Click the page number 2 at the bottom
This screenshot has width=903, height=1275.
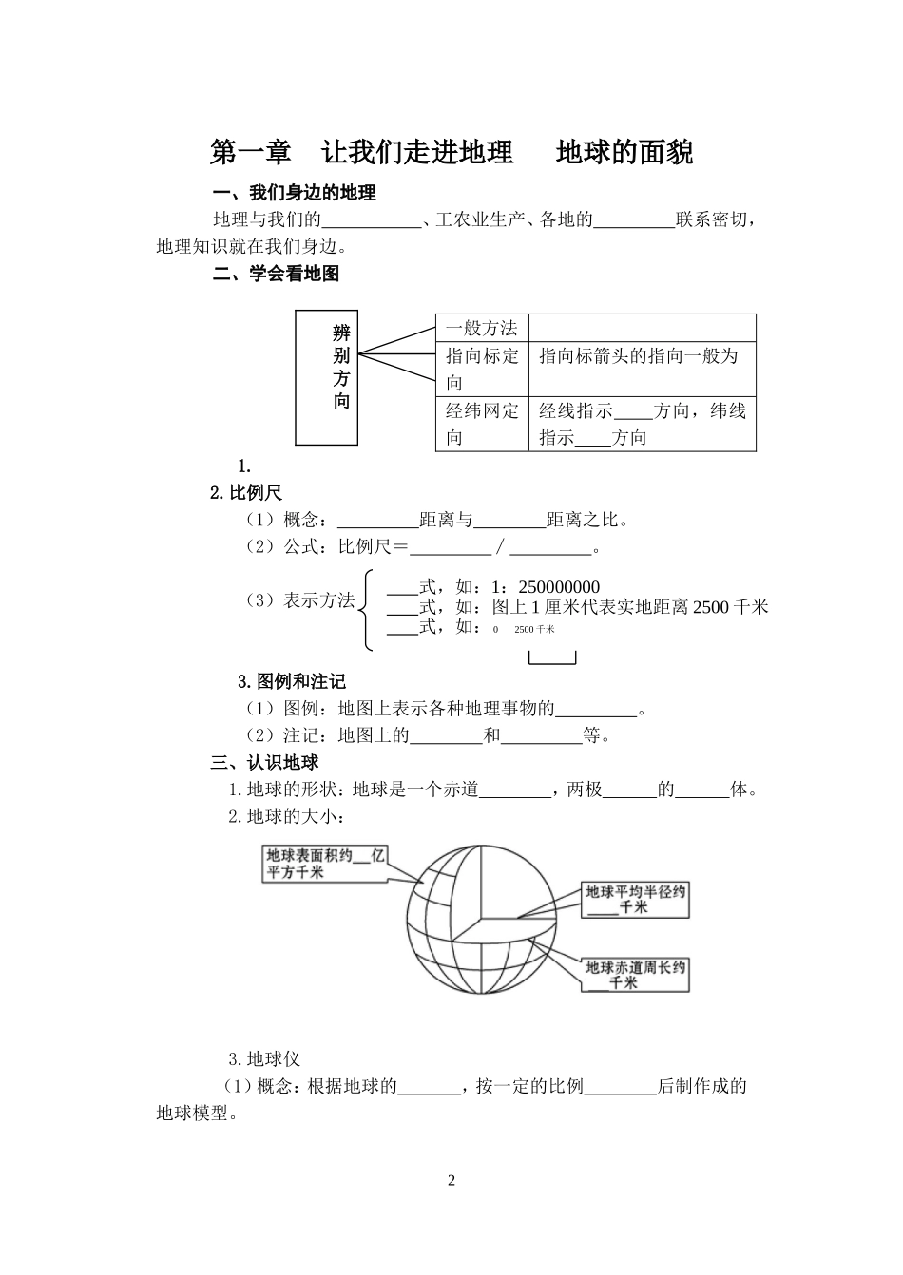point(451,1180)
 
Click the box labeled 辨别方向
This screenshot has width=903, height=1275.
point(327,377)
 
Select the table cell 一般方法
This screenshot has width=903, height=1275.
point(482,328)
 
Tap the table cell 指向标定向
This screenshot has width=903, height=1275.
point(482,369)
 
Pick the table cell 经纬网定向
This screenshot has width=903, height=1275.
point(482,424)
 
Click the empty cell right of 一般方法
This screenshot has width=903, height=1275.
point(642,328)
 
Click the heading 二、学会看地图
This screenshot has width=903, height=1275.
point(276,274)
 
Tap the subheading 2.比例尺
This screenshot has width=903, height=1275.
point(246,492)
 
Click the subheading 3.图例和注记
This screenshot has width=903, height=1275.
point(292,681)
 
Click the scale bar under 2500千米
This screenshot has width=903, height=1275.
point(552,657)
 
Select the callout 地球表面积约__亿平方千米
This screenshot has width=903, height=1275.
point(325,864)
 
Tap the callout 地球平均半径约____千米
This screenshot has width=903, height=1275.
point(635,899)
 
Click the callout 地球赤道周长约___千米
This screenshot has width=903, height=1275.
point(635,975)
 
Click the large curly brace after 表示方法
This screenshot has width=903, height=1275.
point(366,610)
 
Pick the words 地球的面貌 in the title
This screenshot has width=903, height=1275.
point(624,152)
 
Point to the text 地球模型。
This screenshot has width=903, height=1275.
point(197,1113)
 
